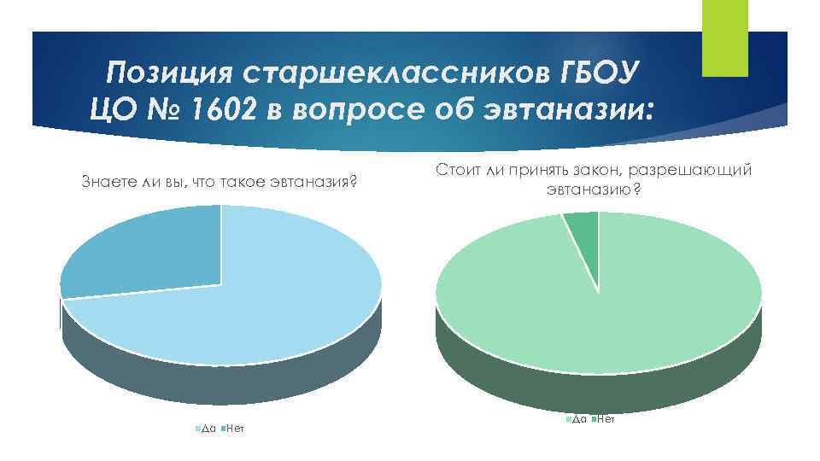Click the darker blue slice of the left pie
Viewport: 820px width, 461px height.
click(x=145, y=252)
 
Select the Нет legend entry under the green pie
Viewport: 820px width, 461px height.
click(x=604, y=419)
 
